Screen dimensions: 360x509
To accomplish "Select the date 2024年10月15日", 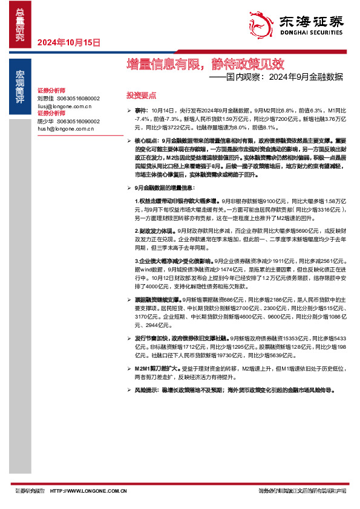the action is tap(68, 43).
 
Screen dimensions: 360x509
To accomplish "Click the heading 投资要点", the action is tap(141, 96).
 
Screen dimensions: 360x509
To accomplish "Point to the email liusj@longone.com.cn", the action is tap(64, 106).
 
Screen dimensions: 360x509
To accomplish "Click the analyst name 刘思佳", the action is tap(46, 98).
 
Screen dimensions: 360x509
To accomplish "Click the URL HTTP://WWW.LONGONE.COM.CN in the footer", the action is tap(88, 491).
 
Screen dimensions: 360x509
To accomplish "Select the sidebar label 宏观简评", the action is tap(20, 85).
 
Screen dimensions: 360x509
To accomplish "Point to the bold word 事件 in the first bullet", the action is tap(140, 112).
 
